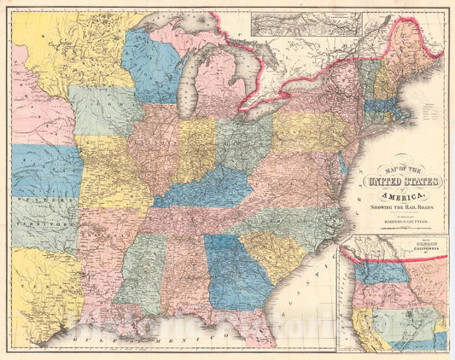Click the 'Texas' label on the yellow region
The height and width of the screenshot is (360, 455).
coord(43,290)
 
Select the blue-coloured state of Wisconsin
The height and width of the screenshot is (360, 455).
coord(152,64)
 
